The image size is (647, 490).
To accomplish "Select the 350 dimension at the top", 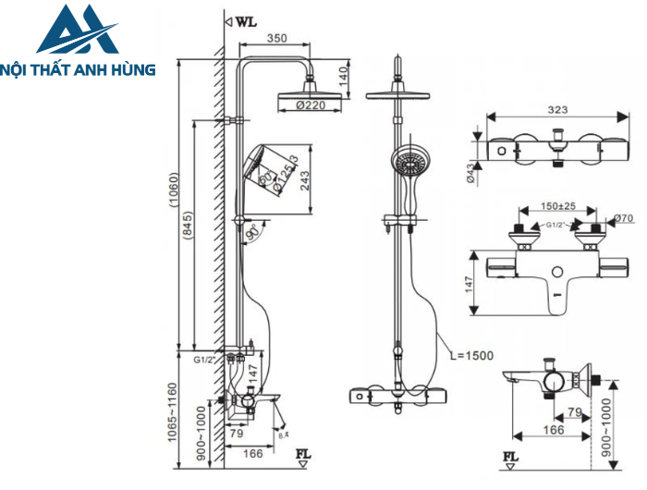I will (275, 39).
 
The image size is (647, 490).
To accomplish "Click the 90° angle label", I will (252, 234).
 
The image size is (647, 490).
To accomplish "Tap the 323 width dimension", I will (557, 109).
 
